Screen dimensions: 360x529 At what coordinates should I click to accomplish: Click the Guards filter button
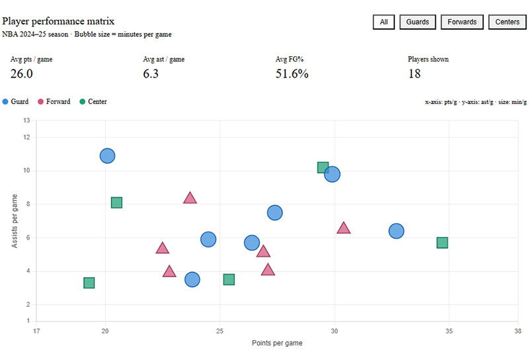(417, 22)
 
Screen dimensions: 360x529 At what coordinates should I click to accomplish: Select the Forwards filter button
(462, 22)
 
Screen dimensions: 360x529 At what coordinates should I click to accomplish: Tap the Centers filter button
(507, 22)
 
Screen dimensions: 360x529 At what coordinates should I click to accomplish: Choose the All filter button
(384, 22)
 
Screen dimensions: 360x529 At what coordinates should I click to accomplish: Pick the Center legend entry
(93, 101)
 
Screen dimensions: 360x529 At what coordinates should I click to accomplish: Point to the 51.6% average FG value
(292, 73)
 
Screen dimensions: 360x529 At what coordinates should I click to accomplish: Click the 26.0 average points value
(22, 73)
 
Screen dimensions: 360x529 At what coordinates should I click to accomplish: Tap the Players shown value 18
(414, 73)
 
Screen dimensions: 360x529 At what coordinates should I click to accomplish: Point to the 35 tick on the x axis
(450, 331)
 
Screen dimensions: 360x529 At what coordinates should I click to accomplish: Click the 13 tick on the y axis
(26, 120)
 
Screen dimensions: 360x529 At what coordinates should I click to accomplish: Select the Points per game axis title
(277, 343)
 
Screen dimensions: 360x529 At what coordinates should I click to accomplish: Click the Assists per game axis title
(15, 221)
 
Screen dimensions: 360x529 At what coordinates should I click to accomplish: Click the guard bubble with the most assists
(107, 156)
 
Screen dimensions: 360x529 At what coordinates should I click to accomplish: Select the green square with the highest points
(442, 243)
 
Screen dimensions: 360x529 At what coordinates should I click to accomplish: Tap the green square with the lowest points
(89, 283)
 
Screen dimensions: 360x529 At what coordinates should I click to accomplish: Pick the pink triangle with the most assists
(190, 197)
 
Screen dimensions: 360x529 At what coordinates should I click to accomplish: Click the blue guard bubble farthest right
(396, 231)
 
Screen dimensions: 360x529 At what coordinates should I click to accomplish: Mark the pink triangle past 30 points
(344, 228)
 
